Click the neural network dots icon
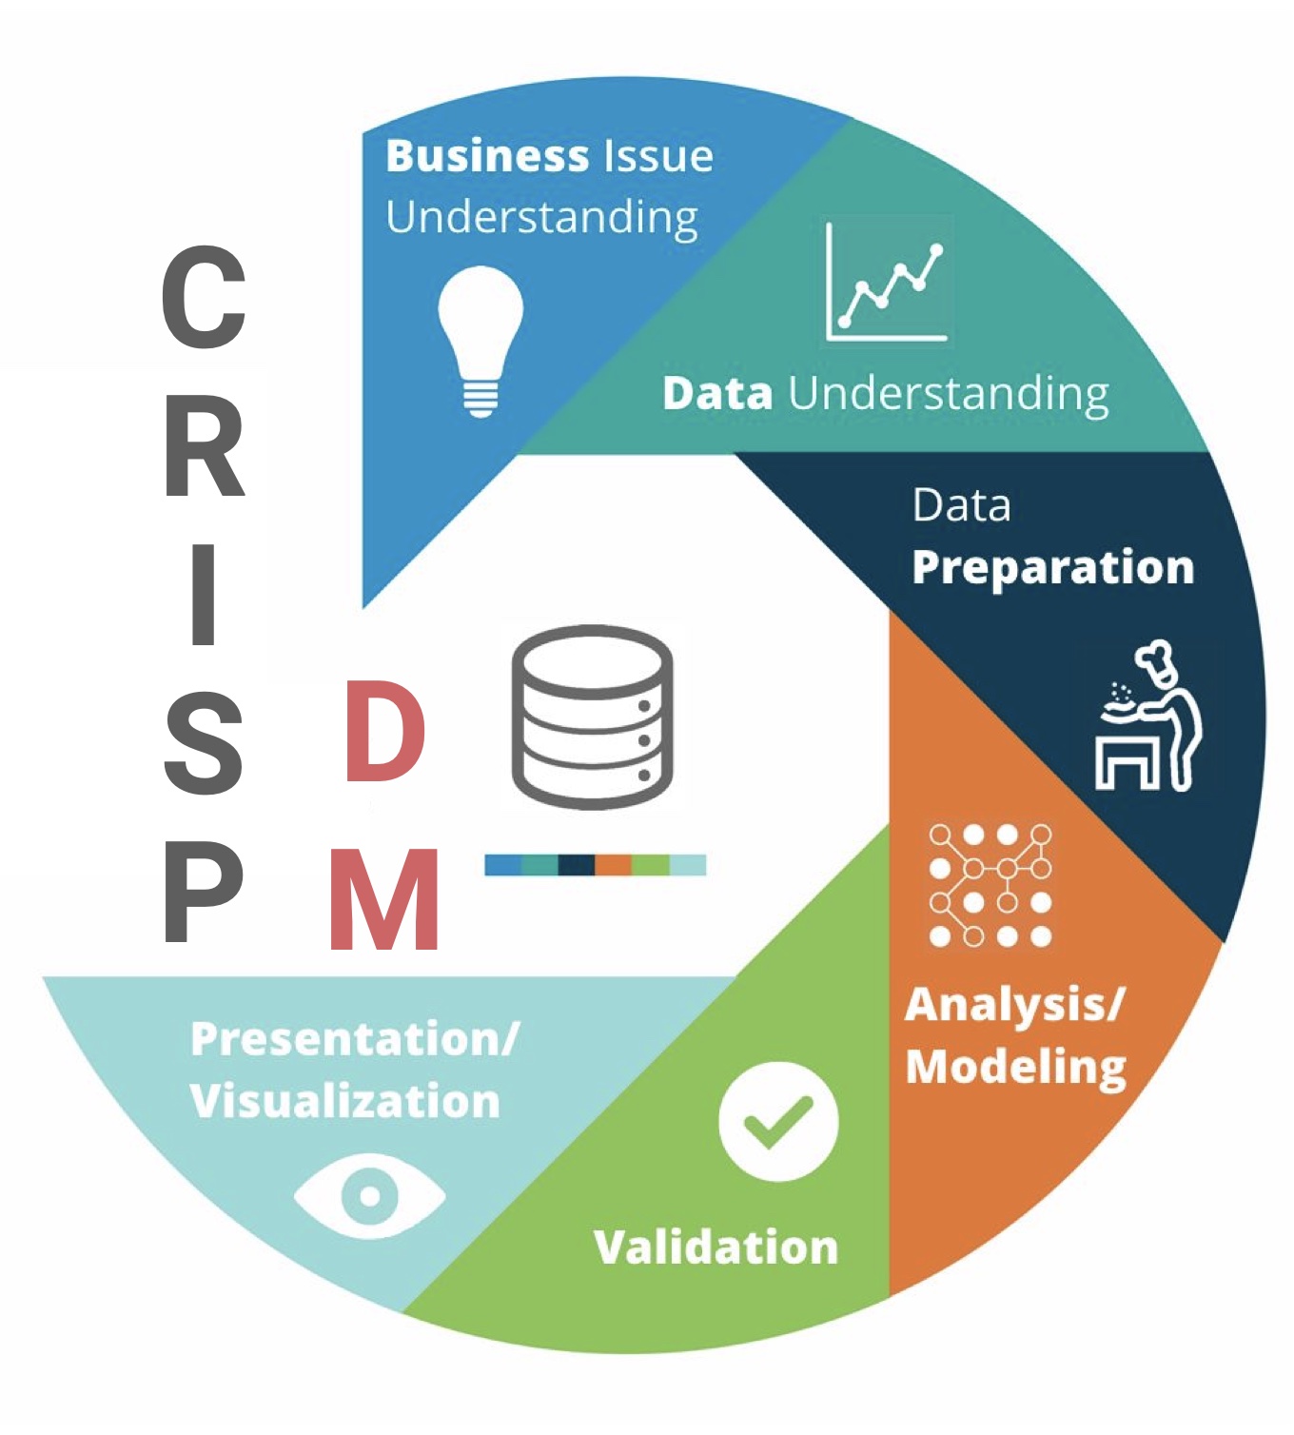click(990, 885)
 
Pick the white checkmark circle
click(778, 1121)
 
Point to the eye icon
click(369, 1195)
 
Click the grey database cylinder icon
click(592, 717)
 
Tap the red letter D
click(384, 732)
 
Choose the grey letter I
click(203, 595)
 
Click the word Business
click(487, 156)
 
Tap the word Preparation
click(1052, 568)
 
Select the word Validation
click(716, 1247)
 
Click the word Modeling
click(1015, 1067)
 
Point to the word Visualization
click(344, 1101)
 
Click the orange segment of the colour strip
click(614, 865)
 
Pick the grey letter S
click(204, 743)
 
